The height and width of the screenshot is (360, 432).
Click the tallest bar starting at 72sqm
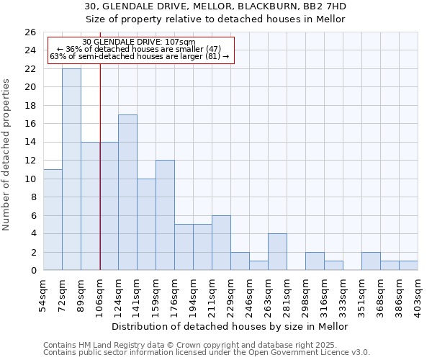click(x=71, y=169)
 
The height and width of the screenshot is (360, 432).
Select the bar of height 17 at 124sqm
click(x=127, y=192)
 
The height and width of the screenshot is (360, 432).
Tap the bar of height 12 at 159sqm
click(x=165, y=215)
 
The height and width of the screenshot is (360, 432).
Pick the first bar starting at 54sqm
click(x=53, y=220)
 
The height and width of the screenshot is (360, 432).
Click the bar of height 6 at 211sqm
click(x=221, y=243)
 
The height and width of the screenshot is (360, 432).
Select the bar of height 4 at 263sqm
click(x=277, y=252)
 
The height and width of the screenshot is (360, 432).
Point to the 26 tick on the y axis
click(x=30, y=32)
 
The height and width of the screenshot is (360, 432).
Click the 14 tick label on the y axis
click(x=30, y=143)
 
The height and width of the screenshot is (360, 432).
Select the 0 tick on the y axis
click(x=32, y=271)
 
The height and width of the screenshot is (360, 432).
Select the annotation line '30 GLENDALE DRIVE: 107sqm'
click(x=139, y=42)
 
